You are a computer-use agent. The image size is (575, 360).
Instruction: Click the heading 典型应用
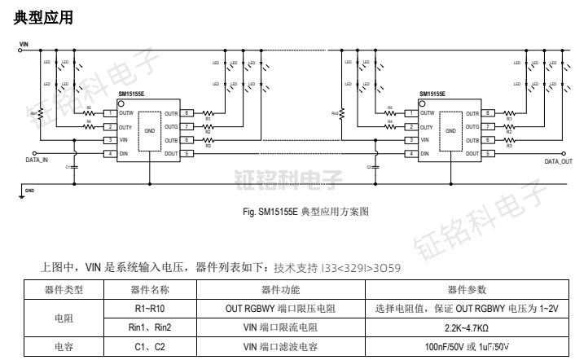click(38, 16)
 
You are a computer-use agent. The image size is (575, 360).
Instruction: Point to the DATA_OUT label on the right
click(558, 161)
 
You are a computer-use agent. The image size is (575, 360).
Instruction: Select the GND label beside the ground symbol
click(30, 191)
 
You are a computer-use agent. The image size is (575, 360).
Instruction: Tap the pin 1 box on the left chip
click(108, 114)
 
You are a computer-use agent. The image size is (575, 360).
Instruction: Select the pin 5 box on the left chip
click(187, 154)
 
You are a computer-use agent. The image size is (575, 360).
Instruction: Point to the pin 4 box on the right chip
click(411, 154)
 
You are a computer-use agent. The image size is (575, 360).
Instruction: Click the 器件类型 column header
click(63, 290)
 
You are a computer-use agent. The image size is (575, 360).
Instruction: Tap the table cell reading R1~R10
click(150, 309)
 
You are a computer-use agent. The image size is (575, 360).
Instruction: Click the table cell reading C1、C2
click(150, 346)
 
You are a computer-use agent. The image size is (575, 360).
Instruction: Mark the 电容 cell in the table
click(63, 346)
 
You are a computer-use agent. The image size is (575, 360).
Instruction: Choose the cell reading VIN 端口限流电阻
click(281, 327)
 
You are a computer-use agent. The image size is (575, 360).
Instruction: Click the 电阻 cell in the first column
click(63, 318)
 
